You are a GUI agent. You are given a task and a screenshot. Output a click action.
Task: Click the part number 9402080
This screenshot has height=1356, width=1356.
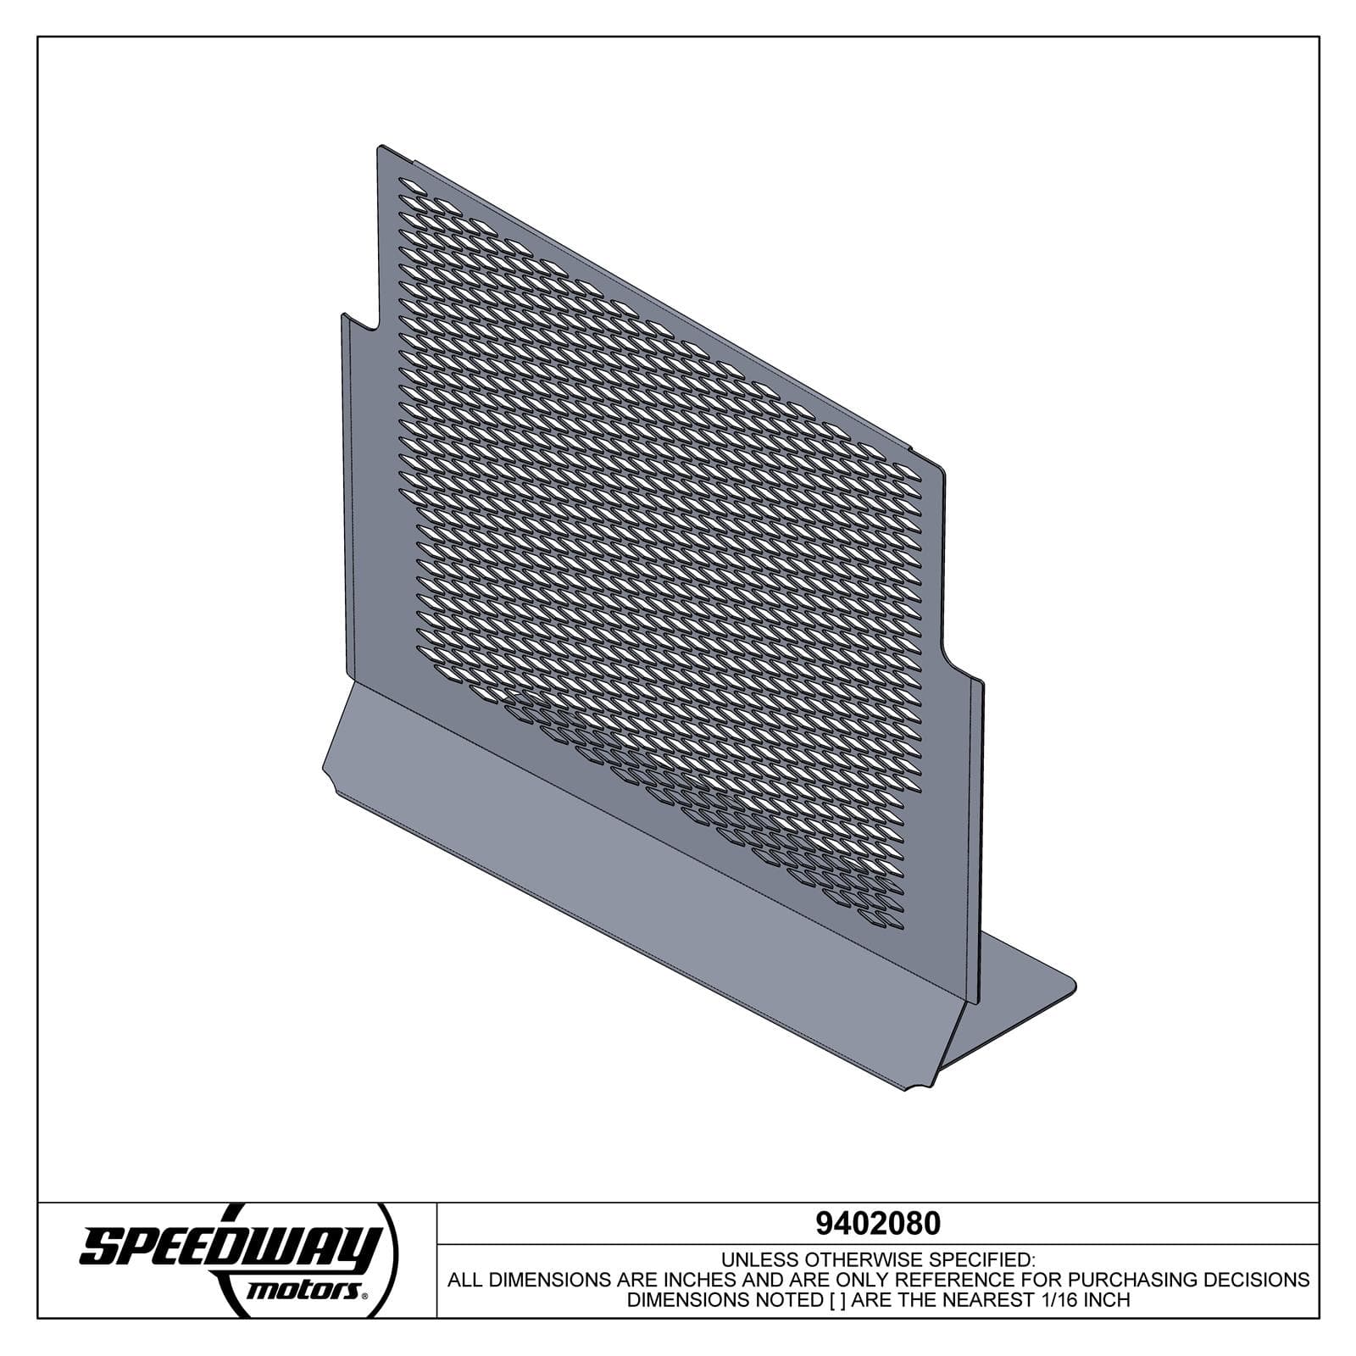point(877,1224)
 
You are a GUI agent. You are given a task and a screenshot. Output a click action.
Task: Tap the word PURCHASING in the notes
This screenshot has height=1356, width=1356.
point(1138,1280)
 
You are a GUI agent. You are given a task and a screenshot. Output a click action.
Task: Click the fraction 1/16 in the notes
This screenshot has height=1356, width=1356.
point(1050,1300)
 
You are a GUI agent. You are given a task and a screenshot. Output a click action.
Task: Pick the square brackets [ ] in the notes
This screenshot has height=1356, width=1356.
point(834,1300)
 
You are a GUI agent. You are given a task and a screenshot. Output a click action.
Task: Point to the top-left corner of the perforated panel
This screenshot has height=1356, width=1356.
point(380,147)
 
